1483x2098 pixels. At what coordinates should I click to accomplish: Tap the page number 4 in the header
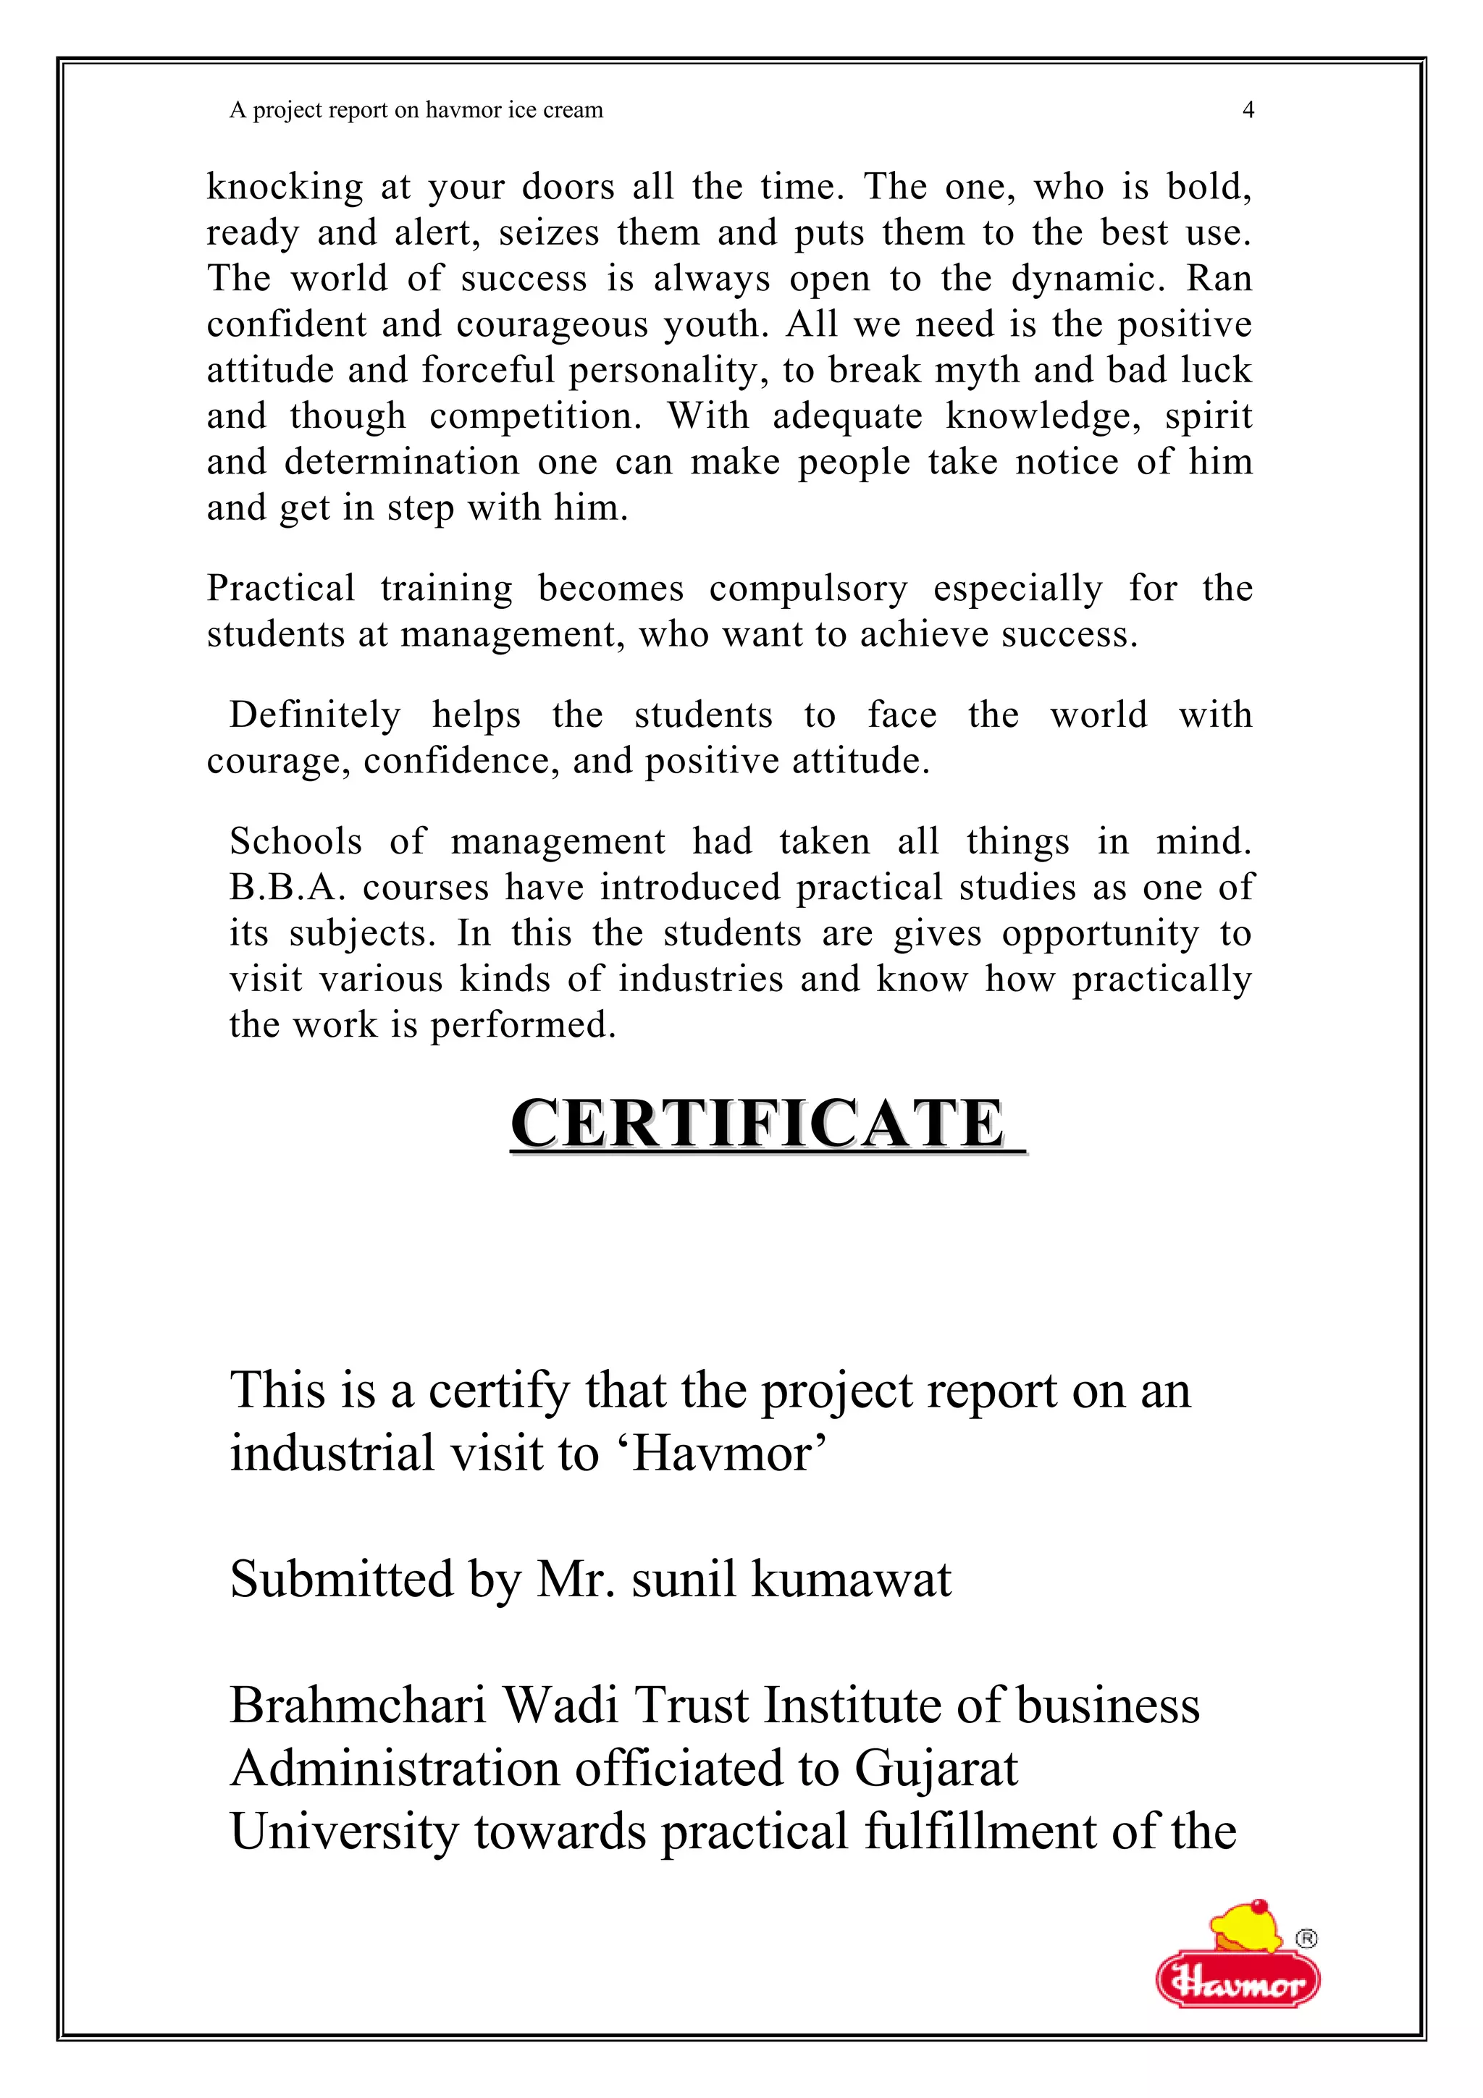(1248, 111)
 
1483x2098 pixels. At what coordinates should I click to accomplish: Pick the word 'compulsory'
(807, 589)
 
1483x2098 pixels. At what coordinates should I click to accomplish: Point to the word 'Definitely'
(314, 715)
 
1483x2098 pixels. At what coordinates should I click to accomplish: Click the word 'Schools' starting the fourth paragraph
(295, 841)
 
